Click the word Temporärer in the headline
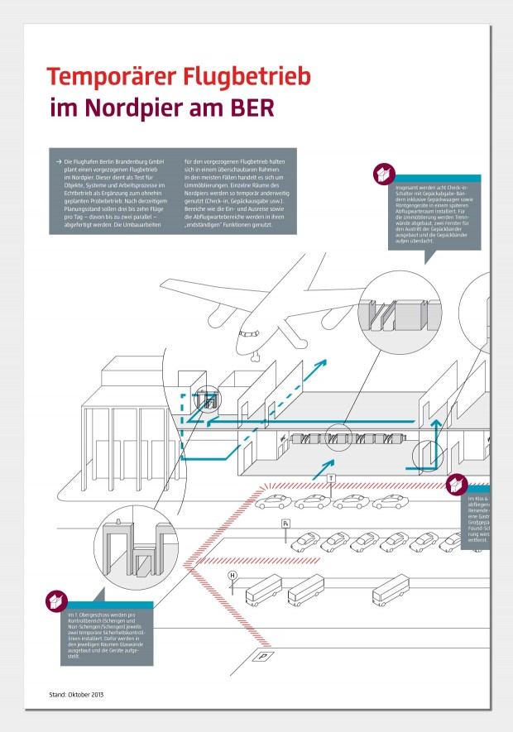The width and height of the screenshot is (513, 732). [112, 77]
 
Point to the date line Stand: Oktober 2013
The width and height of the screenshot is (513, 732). [76, 693]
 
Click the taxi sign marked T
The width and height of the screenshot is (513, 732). [331, 479]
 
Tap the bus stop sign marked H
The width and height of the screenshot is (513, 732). [233, 575]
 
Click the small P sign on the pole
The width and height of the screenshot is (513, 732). [286, 524]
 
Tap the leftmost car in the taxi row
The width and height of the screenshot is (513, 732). [271, 502]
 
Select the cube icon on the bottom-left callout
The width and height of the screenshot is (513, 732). [55, 601]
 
